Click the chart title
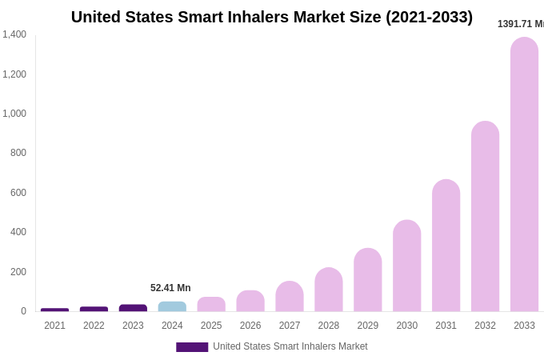pyautogui.click(x=272, y=17)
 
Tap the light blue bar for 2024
pyautogui.click(x=172, y=306)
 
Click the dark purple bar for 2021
pyautogui.click(x=54, y=310)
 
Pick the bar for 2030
pyautogui.click(x=406, y=266)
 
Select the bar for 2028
pyautogui.click(x=328, y=290)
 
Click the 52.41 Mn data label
pyautogui.click(x=170, y=288)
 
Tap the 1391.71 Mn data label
pyautogui.click(x=520, y=24)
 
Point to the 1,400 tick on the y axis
pyautogui.click(x=14, y=34)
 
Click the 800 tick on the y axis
pyautogui.click(x=18, y=153)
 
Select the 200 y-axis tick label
pyautogui.click(x=18, y=272)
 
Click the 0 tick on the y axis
pyautogui.click(x=23, y=311)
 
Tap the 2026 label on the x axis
pyautogui.click(x=250, y=326)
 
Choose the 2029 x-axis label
pyautogui.click(x=367, y=326)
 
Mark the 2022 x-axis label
pyautogui.click(x=94, y=326)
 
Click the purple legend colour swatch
pyautogui.click(x=192, y=347)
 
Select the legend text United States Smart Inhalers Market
pyautogui.click(x=290, y=346)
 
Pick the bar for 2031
pyautogui.click(x=446, y=246)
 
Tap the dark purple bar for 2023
pyautogui.click(x=133, y=308)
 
